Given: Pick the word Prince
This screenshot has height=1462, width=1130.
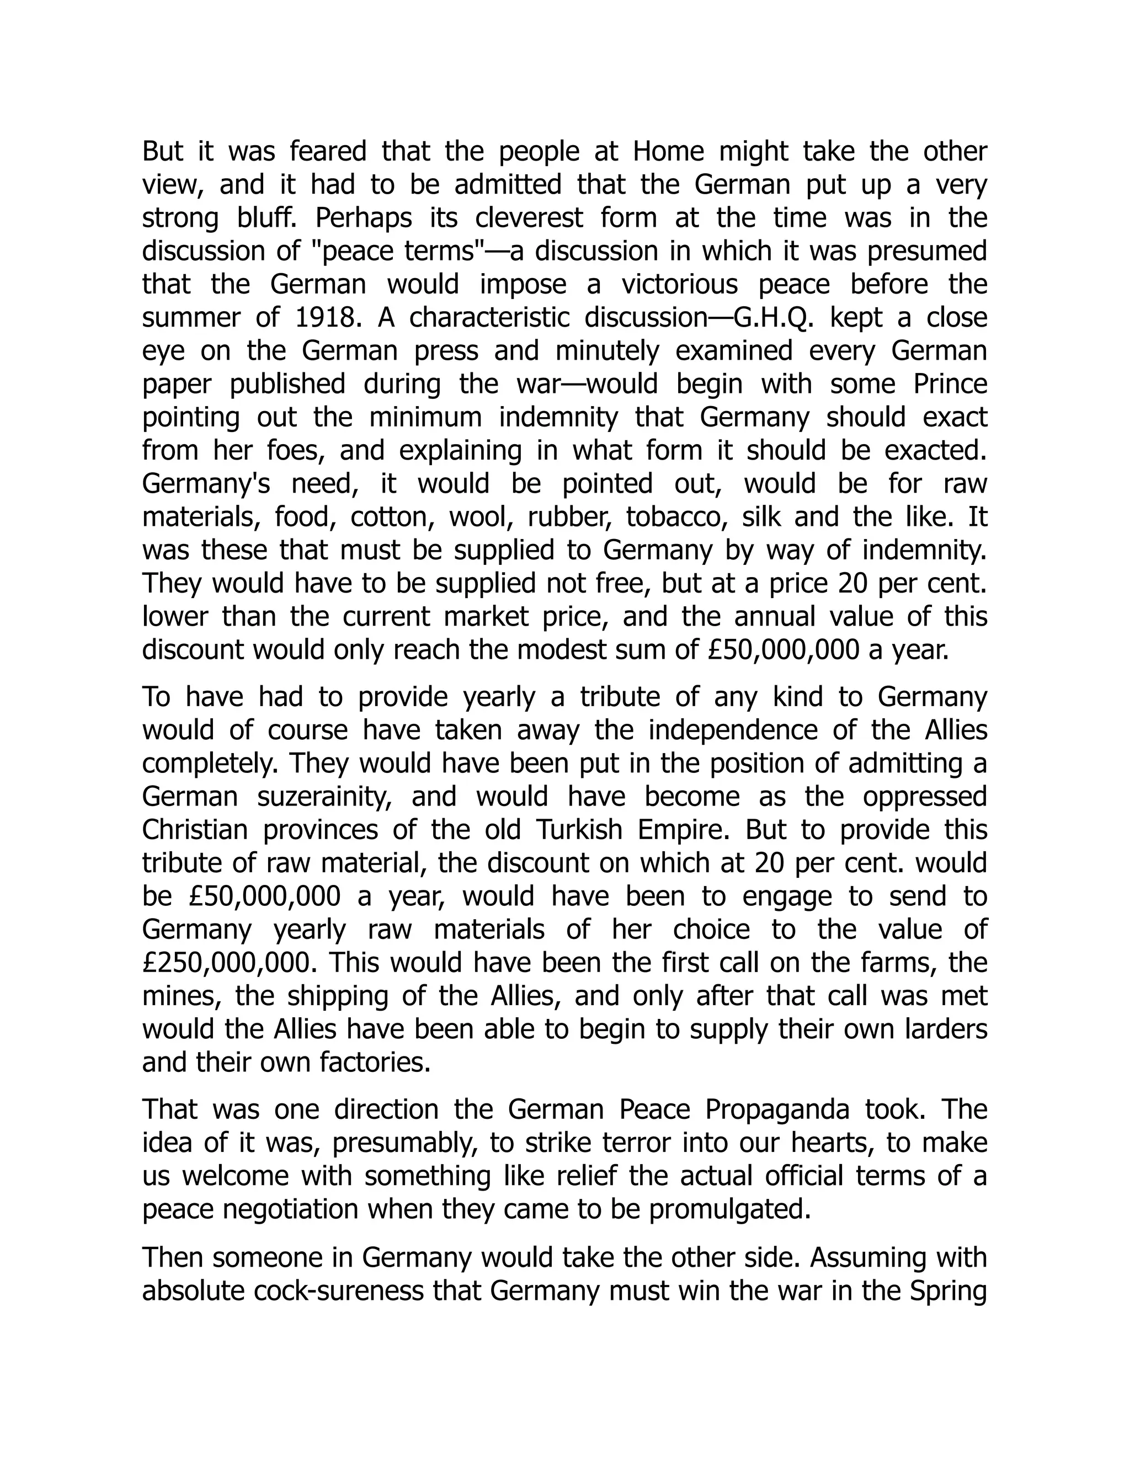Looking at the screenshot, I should [x=950, y=384].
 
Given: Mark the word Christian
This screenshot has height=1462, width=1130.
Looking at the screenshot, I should [x=195, y=830].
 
